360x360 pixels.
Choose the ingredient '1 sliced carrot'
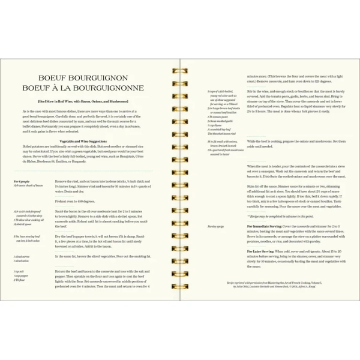22,256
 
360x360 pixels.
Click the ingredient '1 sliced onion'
22,261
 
